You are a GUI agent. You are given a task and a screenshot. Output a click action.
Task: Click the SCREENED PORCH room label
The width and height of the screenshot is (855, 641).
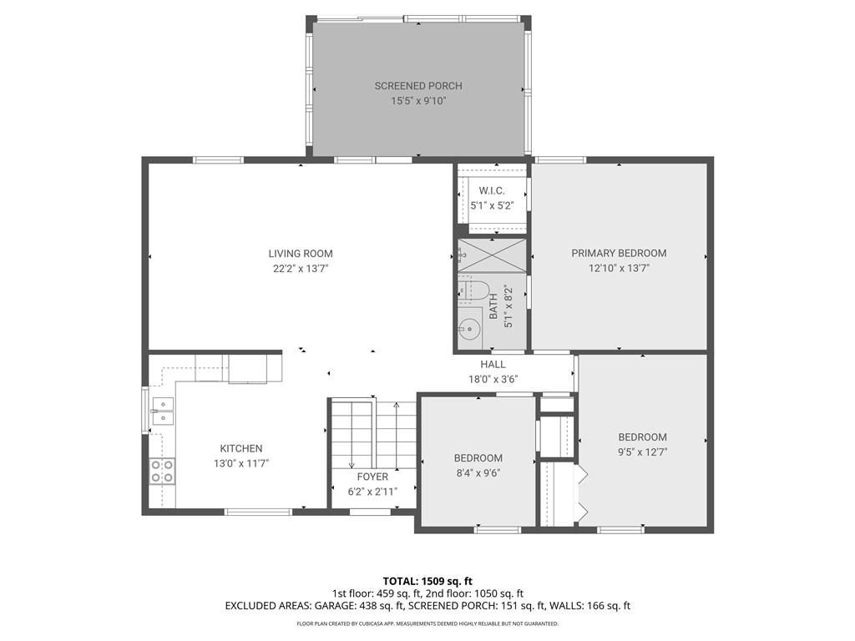418,86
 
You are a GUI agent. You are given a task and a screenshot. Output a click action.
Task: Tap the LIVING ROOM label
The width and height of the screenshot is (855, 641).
301,254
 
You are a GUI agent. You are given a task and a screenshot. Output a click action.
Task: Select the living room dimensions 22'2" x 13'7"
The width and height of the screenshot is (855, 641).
301,268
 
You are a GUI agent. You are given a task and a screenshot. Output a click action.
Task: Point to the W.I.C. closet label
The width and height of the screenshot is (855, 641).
492,191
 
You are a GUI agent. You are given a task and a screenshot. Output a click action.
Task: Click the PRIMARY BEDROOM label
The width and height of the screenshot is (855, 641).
619,253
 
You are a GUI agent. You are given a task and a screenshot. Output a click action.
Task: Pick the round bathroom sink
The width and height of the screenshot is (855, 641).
468,329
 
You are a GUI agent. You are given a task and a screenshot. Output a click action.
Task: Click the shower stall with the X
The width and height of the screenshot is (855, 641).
493,255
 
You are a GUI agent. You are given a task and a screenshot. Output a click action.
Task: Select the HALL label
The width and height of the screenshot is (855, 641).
493,364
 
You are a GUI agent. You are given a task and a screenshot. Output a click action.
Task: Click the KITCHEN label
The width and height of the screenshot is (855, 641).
241,448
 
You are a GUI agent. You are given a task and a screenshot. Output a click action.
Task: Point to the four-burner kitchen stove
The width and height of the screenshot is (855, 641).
163,471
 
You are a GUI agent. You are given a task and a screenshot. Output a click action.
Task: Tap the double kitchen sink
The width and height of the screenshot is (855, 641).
163,411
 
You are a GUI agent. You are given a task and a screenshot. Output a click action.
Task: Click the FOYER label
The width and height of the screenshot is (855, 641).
373,477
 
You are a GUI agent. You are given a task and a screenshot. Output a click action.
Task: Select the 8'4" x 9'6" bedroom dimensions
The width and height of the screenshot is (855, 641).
478,473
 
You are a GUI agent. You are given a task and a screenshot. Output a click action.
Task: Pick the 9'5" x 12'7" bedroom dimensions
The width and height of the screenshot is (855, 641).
642,452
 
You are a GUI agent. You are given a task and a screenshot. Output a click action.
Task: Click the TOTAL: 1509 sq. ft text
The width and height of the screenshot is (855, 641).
427,581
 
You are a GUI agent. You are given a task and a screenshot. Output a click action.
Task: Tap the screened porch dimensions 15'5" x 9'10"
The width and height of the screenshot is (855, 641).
418,101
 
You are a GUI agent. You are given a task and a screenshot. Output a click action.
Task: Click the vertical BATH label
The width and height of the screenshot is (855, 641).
493,307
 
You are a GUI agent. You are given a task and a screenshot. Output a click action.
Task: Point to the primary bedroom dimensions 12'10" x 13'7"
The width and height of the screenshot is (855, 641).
619,268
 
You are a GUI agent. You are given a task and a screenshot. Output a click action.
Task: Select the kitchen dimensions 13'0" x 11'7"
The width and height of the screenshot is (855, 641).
241,464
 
